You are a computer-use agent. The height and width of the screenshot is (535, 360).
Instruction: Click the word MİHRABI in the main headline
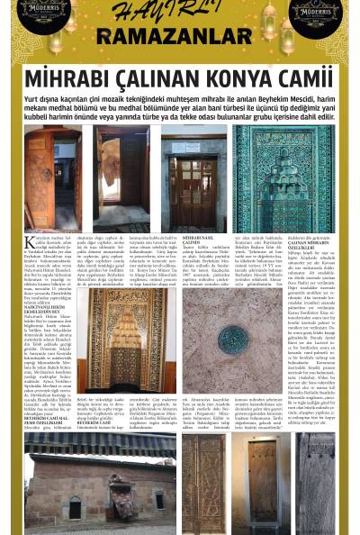tap(66, 78)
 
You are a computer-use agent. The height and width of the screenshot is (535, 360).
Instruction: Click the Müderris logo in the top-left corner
tap(43, 11)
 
